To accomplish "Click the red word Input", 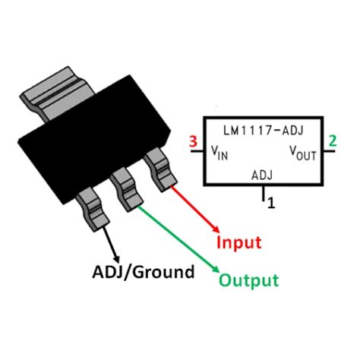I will pyautogui.click(x=238, y=243).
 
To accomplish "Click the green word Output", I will pyautogui.click(x=248, y=280).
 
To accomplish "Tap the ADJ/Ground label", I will pyautogui.click(x=144, y=271).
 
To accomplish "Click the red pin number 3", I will pyautogui.click(x=193, y=141).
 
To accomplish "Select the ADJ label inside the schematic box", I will pyautogui.click(x=261, y=175).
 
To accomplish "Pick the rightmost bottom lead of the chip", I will pyautogui.click(x=159, y=166).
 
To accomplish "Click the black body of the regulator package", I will pyautogui.click(x=91, y=148).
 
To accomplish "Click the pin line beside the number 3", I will pyautogui.click(x=197, y=151).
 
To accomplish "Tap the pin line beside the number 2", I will pyautogui.click(x=329, y=151).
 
